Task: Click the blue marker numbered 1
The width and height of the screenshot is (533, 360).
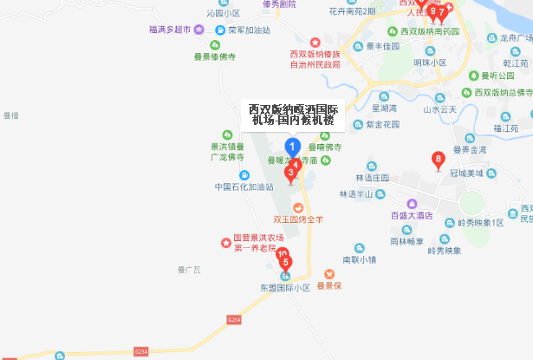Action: click(293, 147)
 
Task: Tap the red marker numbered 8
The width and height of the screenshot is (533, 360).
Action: click(439, 160)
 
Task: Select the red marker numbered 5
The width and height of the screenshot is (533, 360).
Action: click(286, 262)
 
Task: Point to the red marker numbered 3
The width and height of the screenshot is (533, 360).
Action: click(290, 173)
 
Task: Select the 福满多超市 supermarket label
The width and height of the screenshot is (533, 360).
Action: click(169, 29)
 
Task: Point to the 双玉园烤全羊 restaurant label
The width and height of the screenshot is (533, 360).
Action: click(302, 219)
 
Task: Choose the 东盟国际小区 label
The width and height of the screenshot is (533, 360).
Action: click(285, 287)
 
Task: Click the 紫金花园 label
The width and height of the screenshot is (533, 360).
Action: click(381, 126)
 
